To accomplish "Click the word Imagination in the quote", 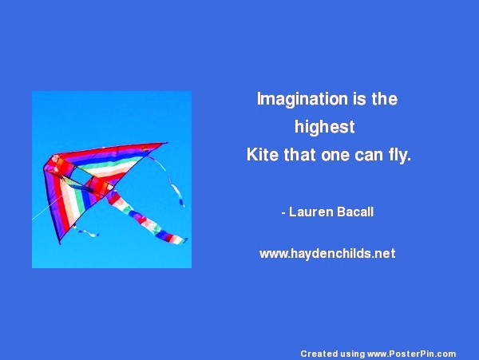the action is coord(302,100).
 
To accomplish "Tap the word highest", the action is coord(324,126).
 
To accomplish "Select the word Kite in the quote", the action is coord(263,155).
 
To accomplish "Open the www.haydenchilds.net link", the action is coord(327,254).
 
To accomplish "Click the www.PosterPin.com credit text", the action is coord(411,354).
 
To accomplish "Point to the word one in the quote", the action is coord(335,156).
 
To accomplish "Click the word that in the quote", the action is coord(299,155).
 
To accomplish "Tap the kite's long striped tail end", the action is coord(177,239).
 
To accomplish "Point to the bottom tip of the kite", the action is coord(60,243).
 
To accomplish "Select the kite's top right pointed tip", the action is coord(166,143).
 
